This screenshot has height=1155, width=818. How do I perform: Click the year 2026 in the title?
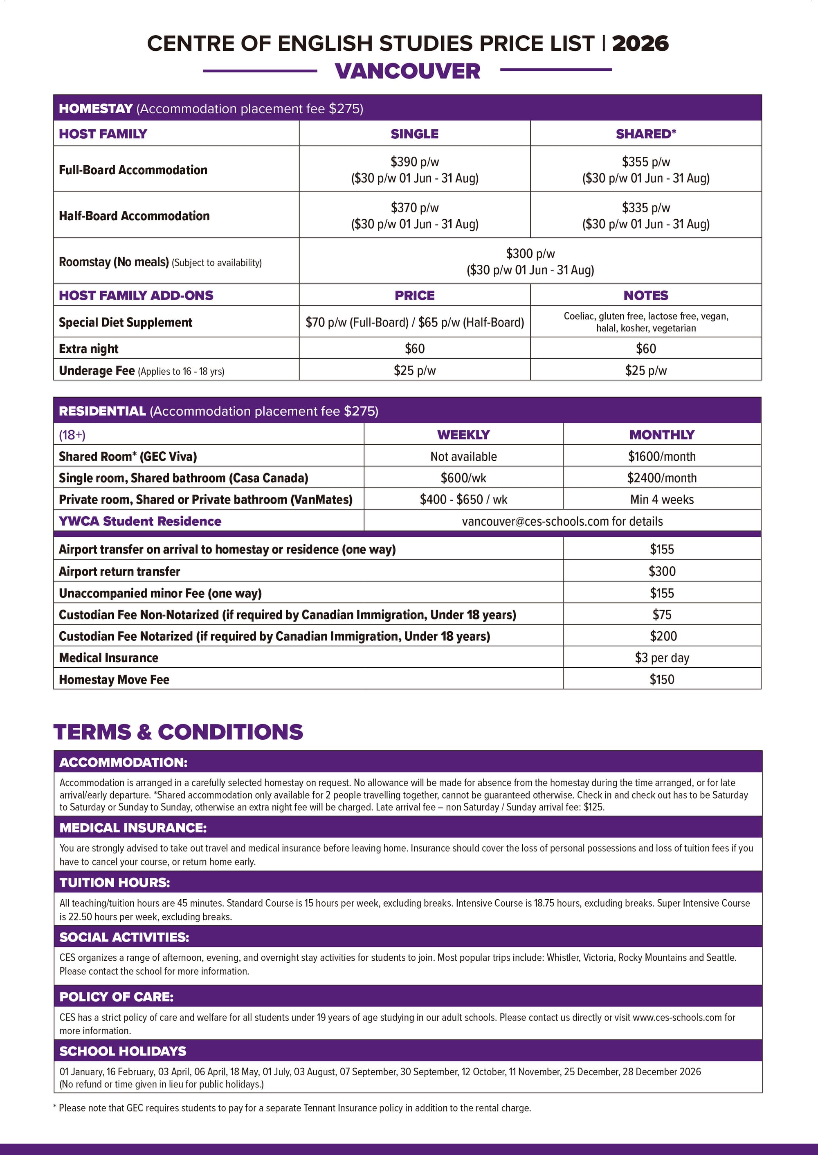[x=640, y=43]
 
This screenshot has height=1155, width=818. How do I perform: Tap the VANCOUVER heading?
[x=407, y=71]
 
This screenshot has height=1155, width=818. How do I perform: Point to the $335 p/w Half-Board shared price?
[x=645, y=207]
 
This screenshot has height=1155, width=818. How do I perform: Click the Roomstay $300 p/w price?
[x=530, y=254]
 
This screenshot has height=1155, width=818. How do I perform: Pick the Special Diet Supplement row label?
[x=126, y=322]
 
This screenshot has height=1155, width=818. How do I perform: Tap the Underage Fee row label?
[x=97, y=371]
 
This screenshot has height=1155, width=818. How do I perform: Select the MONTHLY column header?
[x=661, y=435]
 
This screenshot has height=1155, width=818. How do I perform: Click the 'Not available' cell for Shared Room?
[x=463, y=457]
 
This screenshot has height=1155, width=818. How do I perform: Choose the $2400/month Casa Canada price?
[x=661, y=478]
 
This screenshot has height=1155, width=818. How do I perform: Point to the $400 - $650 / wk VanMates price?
[x=463, y=500]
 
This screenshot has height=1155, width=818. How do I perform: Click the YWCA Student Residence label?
[x=140, y=521]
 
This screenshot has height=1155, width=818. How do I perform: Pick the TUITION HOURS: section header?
[x=115, y=883]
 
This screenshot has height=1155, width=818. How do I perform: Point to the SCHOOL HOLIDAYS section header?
[x=123, y=1051]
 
